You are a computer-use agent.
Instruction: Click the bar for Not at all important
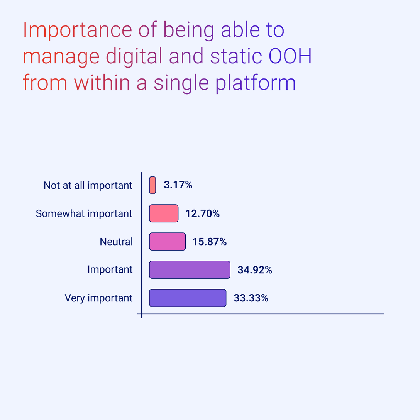tap(152, 185)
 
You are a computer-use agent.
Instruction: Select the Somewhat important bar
tap(164, 213)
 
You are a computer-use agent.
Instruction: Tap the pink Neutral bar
tap(167, 242)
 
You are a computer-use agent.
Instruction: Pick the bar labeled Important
tap(190, 269)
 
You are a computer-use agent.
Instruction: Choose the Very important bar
tap(188, 298)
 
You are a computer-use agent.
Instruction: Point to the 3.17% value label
tap(178, 185)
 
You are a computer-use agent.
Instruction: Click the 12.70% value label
tap(203, 213)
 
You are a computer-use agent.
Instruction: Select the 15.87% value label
tap(210, 242)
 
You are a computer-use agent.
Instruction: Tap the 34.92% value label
tap(255, 269)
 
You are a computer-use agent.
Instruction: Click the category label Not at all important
tap(88, 185)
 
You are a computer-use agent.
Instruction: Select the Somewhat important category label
tap(84, 213)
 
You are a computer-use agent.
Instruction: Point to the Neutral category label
tap(116, 242)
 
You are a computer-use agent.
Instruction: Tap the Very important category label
tap(99, 298)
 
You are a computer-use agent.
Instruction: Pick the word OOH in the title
tap(290, 56)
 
